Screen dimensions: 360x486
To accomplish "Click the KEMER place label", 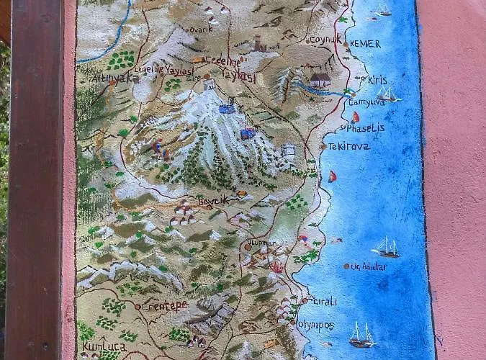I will click(366, 44).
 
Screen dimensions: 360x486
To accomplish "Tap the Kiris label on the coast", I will click(377, 80).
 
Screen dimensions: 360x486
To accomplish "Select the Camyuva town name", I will click(368, 102).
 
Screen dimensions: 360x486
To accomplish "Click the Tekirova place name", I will click(349, 146).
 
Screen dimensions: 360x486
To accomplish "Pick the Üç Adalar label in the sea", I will click(369, 266).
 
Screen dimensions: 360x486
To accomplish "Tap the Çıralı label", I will click(324, 302).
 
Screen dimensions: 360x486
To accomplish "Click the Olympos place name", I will click(316, 325).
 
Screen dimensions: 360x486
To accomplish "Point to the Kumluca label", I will click(99, 347).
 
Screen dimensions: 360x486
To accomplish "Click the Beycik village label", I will click(213, 200).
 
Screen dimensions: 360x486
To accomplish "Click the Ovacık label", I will click(201, 30).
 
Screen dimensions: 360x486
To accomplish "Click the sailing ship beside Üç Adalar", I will click(386, 247).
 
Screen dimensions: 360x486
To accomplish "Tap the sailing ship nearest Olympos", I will click(362, 334).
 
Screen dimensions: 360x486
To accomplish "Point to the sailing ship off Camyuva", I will click(387, 94).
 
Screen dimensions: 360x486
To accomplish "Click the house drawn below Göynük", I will click(320, 79).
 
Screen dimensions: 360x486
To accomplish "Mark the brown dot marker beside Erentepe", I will click(138, 307).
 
